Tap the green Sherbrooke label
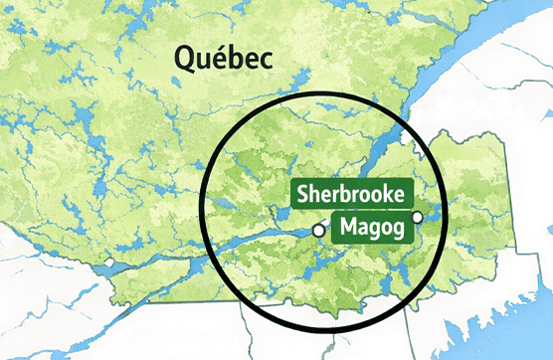click(350, 194)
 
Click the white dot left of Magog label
click(317, 230)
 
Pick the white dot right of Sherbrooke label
click(418, 217)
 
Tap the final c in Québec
click(266, 61)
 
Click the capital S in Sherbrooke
click(301, 194)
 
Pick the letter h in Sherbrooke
click(314, 194)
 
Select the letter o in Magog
click(386, 228)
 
